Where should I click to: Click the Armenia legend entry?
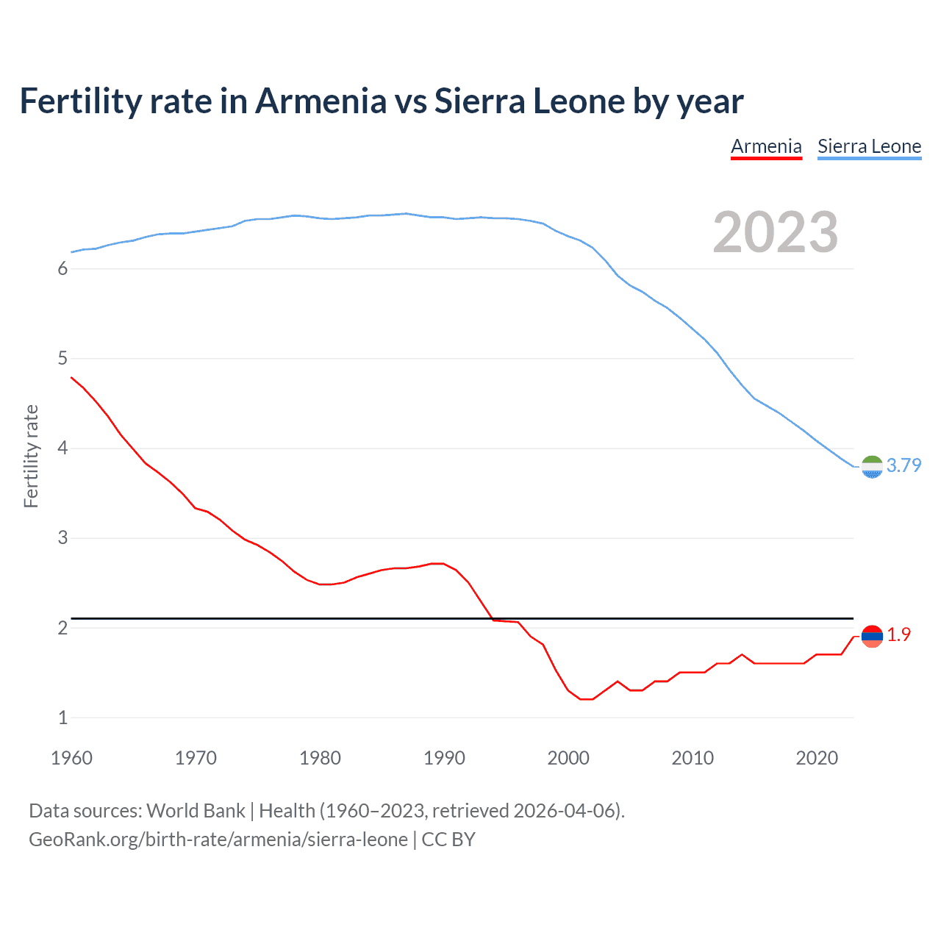[x=766, y=146]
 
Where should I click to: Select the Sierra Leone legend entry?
[x=869, y=146]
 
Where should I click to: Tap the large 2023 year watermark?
[x=776, y=232]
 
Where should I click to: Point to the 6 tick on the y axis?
[x=62, y=269]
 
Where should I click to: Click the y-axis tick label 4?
[x=62, y=448]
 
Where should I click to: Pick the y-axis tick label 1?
[x=62, y=718]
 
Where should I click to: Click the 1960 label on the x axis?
[x=71, y=758]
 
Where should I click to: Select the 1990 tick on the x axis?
[x=444, y=758]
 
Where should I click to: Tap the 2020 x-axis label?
[x=817, y=758]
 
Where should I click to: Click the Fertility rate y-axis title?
[x=31, y=456]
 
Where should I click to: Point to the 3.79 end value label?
[x=904, y=465]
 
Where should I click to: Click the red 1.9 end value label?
[x=898, y=634]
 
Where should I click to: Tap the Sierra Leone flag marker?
[x=872, y=467]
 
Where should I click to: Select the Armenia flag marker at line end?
[x=872, y=637]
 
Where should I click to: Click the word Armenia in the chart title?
[x=321, y=101]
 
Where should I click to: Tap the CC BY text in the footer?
[x=448, y=840]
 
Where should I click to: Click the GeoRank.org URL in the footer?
[x=218, y=840]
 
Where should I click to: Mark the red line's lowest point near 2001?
[x=586, y=699]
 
